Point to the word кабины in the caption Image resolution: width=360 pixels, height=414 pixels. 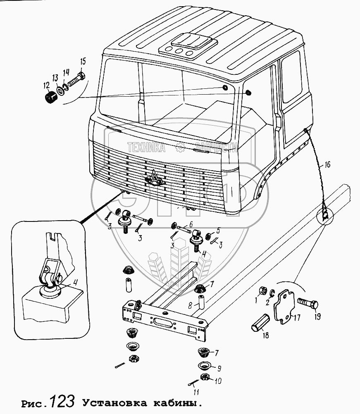click(182, 402)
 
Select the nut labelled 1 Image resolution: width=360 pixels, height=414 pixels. click(262, 290)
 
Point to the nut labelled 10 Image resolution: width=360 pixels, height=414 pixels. click(204, 377)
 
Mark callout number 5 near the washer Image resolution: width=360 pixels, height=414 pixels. click(219, 231)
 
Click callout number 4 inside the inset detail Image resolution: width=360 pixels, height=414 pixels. click(76, 283)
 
